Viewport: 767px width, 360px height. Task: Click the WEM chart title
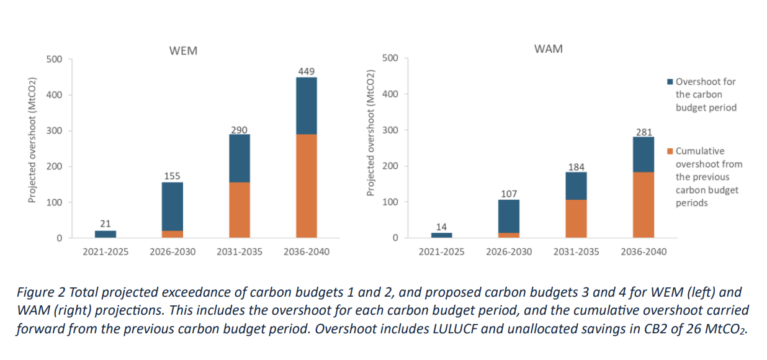pyautogui.click(x=183, y=51)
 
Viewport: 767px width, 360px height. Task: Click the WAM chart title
pyautogui.click(x=548, y=48)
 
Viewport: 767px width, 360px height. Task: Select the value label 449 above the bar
pyautogui.click(x=307, y=71)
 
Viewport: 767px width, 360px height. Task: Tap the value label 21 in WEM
pyautogui.click(x=105, y=223)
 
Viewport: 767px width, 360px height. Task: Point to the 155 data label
pyautogui.click(x=172, y=176)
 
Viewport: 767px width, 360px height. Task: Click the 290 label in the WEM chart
pyautogui.click(x=239, y=130)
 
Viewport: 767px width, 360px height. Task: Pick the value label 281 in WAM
pyautogui.click(x=644, y=132)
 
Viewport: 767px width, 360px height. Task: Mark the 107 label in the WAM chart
pyautogui.click(x=509, y=194)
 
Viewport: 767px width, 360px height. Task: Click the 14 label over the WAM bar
pyautogui.click(x=441, y=227)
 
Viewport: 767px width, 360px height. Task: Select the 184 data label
pyautogui.click(x=576, y=166)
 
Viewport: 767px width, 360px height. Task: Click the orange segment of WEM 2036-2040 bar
pyautogui.click(x=307, y=186)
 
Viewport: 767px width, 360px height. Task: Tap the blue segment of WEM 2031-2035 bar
pyautogui.click(x=240, y=158)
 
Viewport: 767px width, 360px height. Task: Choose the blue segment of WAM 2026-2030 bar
pyautogui.click(x=509, y=216)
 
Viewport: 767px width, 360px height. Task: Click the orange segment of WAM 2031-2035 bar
pyautogui.click(x=576, y=218)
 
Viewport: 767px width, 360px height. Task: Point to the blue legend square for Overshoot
pyautogui.click(x=670, y=82)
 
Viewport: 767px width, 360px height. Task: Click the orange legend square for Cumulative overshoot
pyautogui.click(x=670, y=151)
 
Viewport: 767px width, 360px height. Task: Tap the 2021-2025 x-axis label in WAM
pyautogui.click(x=441, y=252)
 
